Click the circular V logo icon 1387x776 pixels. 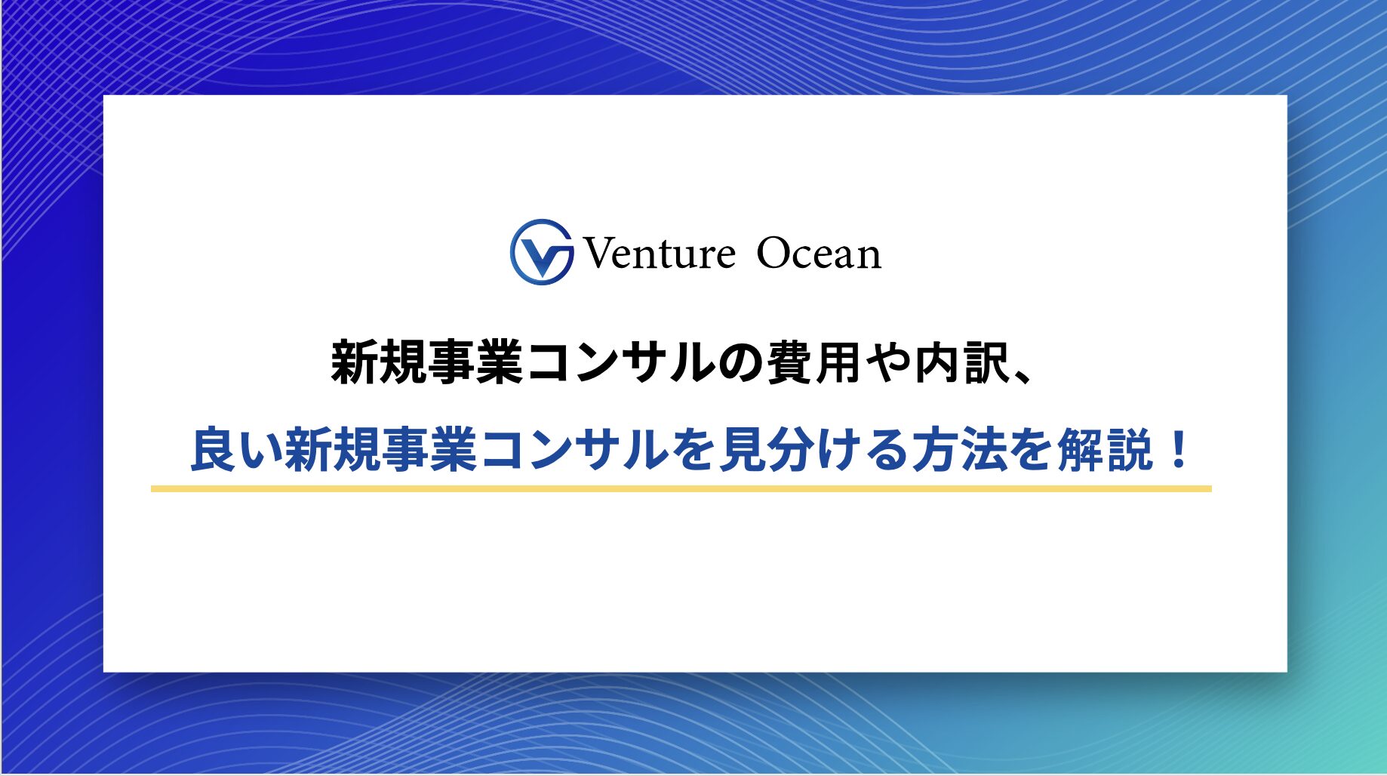click(541, 252)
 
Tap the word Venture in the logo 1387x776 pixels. click(659, 253)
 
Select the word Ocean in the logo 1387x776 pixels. click(819, 253)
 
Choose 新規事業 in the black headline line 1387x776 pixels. click(426, 363)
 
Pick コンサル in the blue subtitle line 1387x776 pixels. click(572, 451)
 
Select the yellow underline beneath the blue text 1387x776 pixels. click(681, 488)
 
